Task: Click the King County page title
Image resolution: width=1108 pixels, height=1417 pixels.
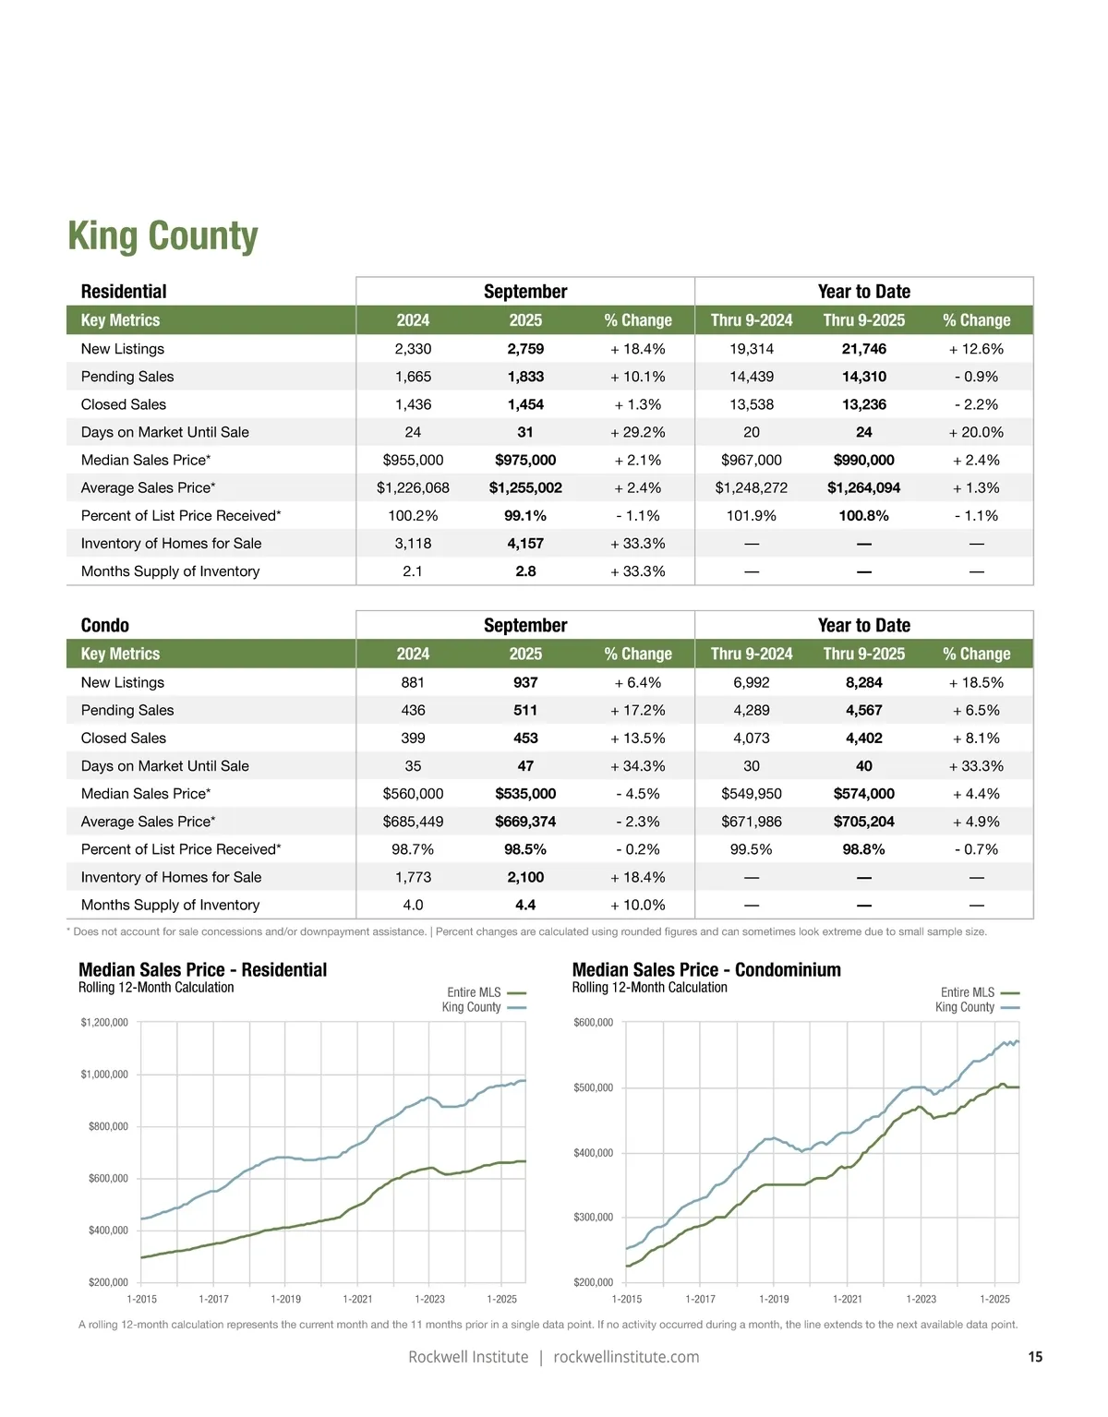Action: coord(163,236)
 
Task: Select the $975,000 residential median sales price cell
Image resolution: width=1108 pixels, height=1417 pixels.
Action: coord(525,460)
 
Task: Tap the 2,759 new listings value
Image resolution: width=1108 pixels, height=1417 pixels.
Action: coord(525,349)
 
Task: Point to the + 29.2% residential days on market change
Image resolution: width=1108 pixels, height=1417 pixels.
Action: coord(637,432)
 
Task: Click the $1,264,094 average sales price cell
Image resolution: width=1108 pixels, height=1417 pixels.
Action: coord(863,487)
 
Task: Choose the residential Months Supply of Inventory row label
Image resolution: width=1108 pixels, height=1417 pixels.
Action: coord(170,571)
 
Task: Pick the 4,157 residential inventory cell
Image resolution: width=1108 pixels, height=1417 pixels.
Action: coord(525,544)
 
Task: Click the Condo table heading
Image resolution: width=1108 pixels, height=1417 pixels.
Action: coord(105,625)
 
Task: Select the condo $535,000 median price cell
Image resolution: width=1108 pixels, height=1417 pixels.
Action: coord(525,794)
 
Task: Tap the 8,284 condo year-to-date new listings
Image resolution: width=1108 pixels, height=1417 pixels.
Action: coord(863,682)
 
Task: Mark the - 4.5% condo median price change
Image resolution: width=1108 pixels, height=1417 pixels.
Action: coord(637,794)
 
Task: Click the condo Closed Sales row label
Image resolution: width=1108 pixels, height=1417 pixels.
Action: coord(124,739)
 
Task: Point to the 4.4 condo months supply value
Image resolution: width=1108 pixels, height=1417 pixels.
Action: coord(525,905)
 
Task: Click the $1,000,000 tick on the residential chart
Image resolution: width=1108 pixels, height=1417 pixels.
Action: coord(104,1075)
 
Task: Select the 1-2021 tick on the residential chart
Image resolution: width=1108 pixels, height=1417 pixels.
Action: coord(357,1299)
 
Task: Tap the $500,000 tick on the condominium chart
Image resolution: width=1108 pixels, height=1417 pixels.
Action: coord(593,1087)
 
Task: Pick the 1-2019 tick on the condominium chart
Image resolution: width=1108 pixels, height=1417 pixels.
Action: coord(774,1299)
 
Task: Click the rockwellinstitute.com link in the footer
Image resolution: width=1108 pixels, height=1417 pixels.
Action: coord(626,1357)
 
